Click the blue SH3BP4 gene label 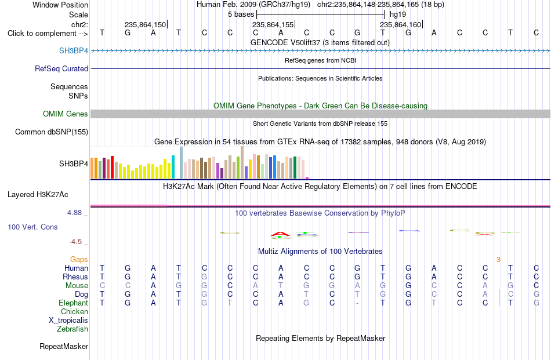click(x=74, y=50)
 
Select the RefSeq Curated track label click(x=61, y=68)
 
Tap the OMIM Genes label click(x=65, y=114)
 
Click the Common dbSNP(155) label click(x=51, y=132)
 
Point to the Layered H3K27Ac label click(x=38, y=195)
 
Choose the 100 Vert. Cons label click(x=32, y=227)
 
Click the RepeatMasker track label click(x=64, y=346)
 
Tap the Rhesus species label click(x=75, y=277)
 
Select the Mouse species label click(x=77, y=286)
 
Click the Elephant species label click(x=73, y=303)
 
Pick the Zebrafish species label click(x=72, y=329)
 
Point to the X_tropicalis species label click(x=68, y=321)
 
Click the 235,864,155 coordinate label click(x=273, y=24)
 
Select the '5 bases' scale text click(x=241, y=14)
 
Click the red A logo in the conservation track click(x=280, y=234)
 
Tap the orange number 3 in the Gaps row click(x=498, y=260)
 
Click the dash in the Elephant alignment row click(x=357, y=303)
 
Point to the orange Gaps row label click(x=79, y=259)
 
